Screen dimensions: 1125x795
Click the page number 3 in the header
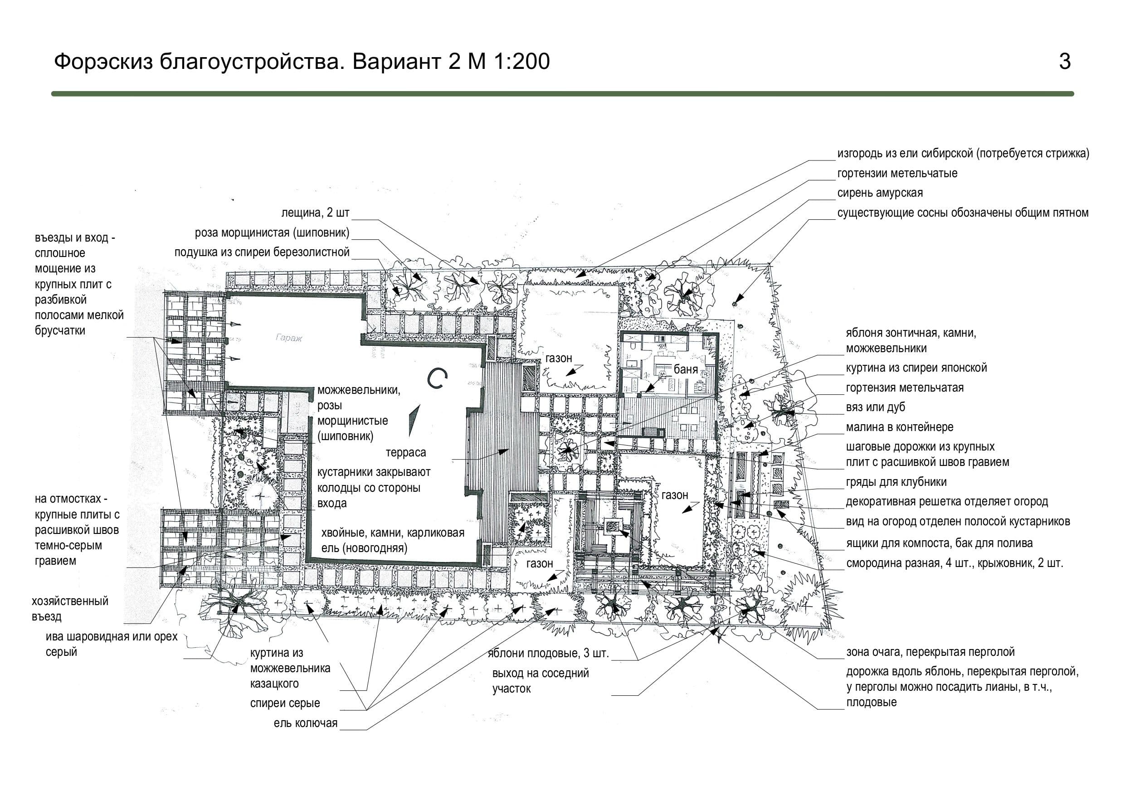pyautogui.click(x=1065, y=62)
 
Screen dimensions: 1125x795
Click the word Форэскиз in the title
pyautogui.click(x=103, y=62)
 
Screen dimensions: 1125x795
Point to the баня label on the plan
pyautogui.click(x=686, y=369)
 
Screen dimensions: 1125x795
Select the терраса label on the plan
pyautogui.click(x=406, y=453)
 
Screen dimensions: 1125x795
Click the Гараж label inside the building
pyautogui.click(x=288, y=338)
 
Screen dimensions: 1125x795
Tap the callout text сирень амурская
pyautogui.click(x=880, y=193)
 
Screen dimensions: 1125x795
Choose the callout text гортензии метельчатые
pyautogui.click(x=897, y=174)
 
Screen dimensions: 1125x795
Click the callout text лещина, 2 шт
pyautogui.click(x=316, y=213)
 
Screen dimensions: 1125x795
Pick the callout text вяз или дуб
pyautogui.click(x=876, y=407)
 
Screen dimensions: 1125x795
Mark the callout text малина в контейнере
pyautogui.click(x=900, y=427)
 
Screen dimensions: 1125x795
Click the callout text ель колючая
pyautogui.click(x=306, y=723)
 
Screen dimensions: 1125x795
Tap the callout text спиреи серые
pyautogui.click(x=285, y=703)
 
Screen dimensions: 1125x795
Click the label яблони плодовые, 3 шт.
pyautogui.click(x=548, y=654)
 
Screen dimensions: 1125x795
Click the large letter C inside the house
pyautogui.click(x=437, y=378)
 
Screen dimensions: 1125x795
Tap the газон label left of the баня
pyautogui.click(x=559, y=359)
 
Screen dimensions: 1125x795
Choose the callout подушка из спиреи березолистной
pyautogui.click(x=262, y=252)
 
